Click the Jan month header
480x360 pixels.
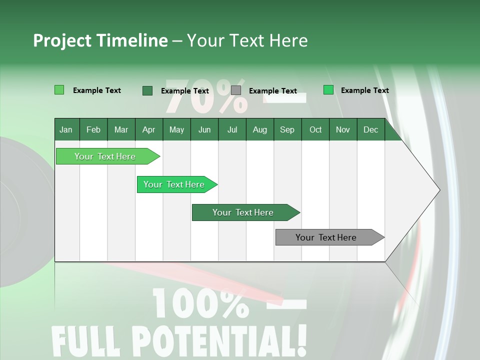pos(66,130)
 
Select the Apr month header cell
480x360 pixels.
pos(148,130)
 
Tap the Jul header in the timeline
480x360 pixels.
pos(232,130)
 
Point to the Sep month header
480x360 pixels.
pos(287,130)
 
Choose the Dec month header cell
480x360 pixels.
pos(370,130)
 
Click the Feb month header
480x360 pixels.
pos(93,130)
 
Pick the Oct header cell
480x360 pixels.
pos(315,130)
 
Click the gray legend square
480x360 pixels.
pos(236,90)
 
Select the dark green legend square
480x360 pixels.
pos(147,90)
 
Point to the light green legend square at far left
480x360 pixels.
pos(59,90)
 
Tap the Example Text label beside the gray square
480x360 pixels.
pos(272,91)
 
